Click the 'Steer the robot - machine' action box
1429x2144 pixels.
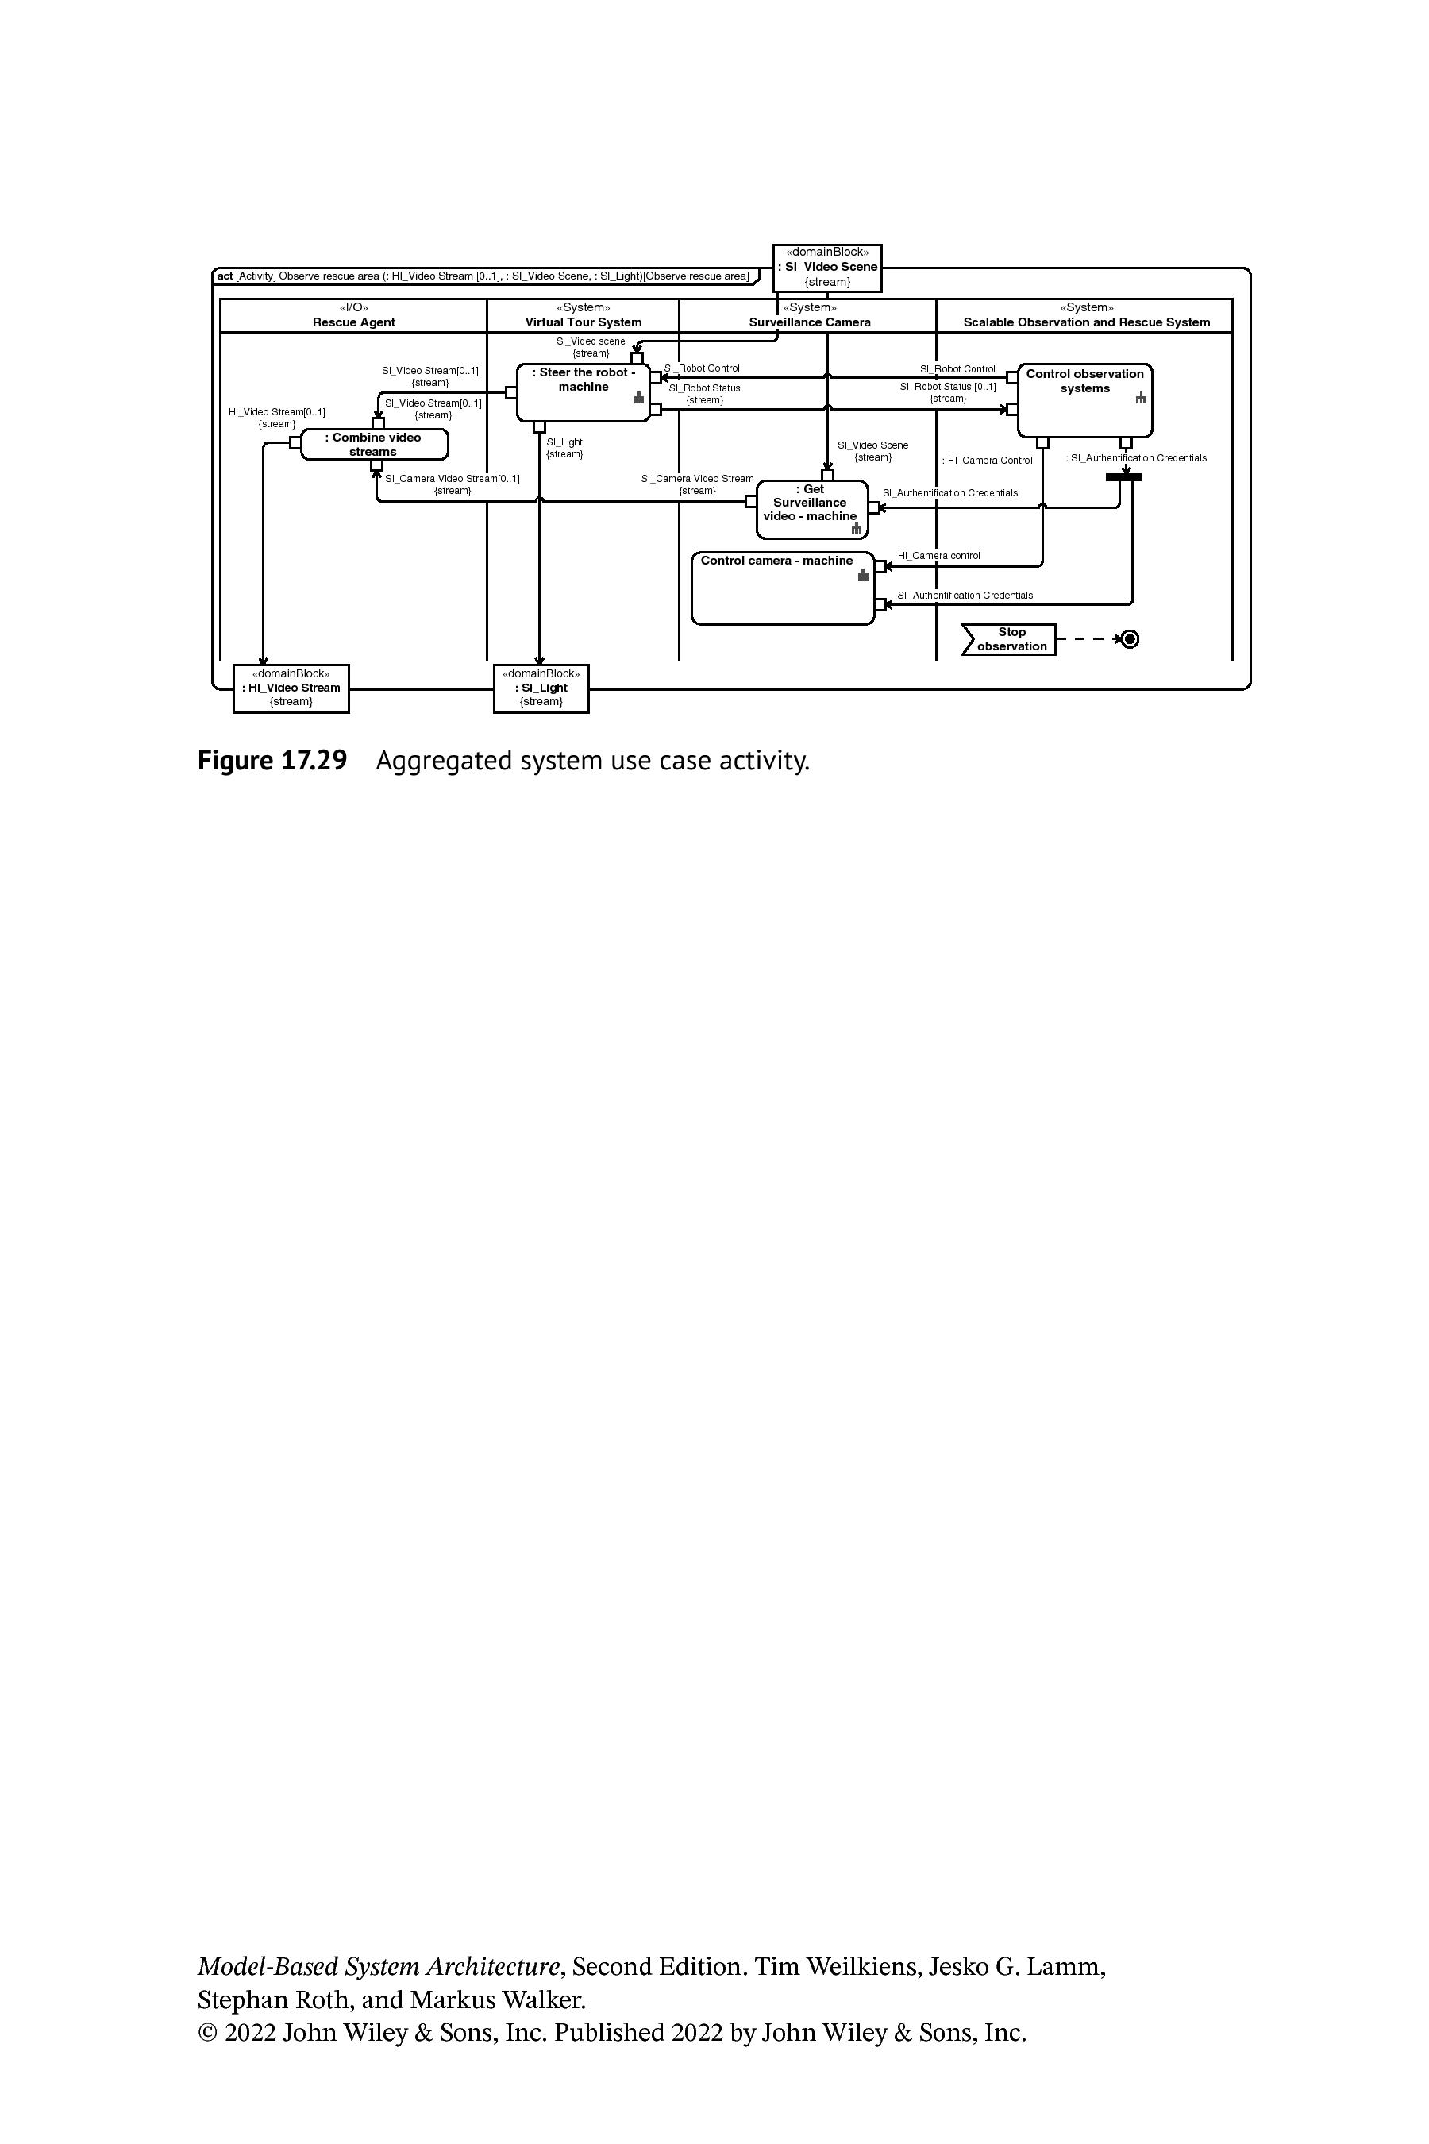[x=584, y=392]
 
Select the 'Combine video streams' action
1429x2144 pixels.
[x=375, y=444]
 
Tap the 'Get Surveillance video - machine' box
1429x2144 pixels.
[x=812, y=509]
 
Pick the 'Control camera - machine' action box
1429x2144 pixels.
[x=783, y=588]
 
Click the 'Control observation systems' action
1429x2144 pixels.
[x=1084, y=400]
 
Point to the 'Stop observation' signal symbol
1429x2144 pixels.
[x=1009, y=639]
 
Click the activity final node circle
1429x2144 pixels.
[x=1129, y=639]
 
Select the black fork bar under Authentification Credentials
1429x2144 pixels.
[x=1123, y=476]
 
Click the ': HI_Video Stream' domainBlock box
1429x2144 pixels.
[x=291, y=688]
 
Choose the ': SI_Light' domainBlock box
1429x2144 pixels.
[x=541, y=688]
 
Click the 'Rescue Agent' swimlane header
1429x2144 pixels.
[x=353, y=315]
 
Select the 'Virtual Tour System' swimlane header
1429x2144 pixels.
[x=584, y=315]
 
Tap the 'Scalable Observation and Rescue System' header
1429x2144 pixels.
[x=1085, y=315]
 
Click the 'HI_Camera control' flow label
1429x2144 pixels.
[x=938, y=555]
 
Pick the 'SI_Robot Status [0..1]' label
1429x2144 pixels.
[x=948, y=387]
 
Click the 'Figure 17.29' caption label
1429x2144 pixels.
[x=272, y=760]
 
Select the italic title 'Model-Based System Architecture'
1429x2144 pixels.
[x=378, y=1966]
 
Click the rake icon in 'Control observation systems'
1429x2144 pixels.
[x=1140, y=398]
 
